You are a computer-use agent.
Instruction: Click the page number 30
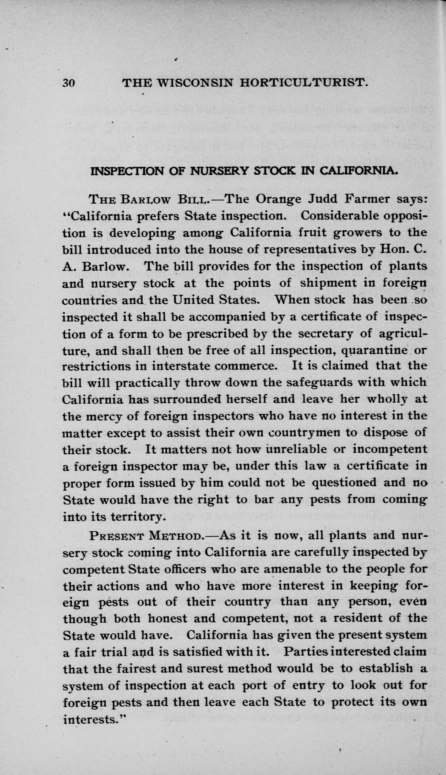(x=69, y=83)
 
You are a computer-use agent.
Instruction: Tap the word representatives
(x=310, y=249)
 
